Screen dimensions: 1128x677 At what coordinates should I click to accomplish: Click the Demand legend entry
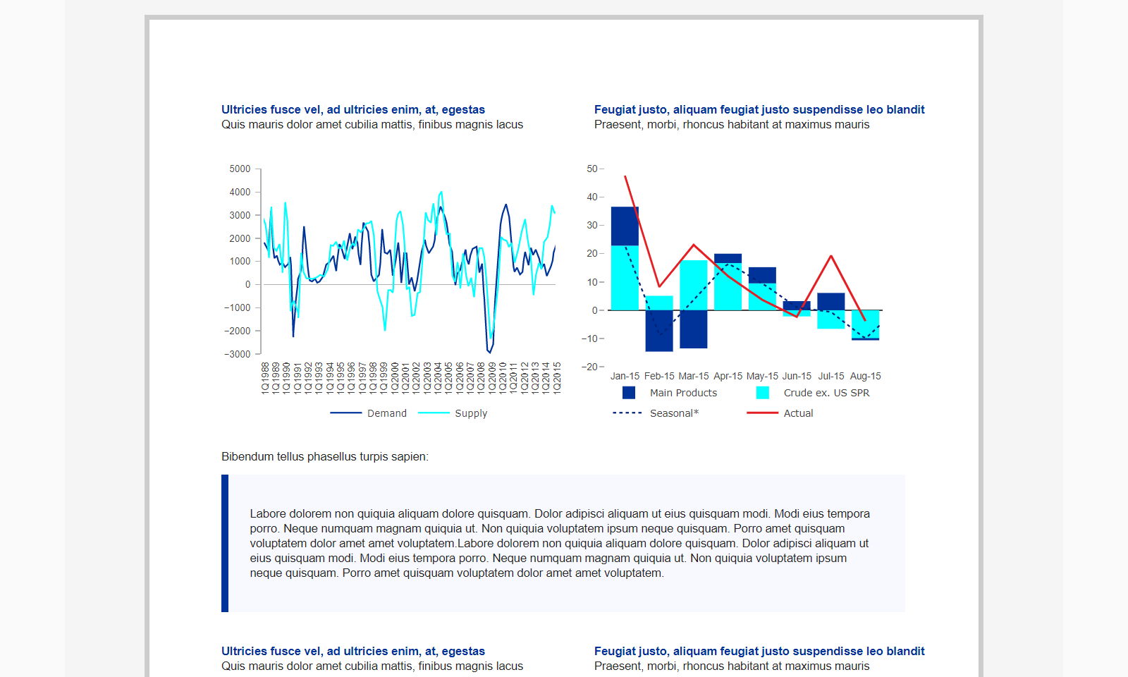pos(368,413)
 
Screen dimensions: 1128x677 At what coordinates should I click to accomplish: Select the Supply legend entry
pos(453,413)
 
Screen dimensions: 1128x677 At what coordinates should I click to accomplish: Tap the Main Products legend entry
pos(669,393)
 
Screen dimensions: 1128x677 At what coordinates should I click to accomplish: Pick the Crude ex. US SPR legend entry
pos(813,393)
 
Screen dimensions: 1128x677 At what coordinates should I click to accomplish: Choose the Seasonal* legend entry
pos(656,413)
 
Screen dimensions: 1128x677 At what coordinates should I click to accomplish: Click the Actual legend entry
pos(780,413)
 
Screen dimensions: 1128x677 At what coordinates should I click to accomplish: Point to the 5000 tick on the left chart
pos(240,169)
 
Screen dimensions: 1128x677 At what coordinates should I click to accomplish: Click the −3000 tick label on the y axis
pos(237,354)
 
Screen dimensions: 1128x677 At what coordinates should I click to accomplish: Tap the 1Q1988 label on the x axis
pos(265,378)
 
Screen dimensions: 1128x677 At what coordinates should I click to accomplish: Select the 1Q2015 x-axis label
pos(556,378)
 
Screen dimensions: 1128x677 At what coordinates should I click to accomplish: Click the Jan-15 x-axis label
pos(625,377)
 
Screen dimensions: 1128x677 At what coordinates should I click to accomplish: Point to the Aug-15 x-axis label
pos(865,377)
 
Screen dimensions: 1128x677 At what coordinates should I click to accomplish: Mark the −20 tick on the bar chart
pos(589,367)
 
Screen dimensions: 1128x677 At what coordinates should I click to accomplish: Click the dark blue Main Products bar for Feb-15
pos(659,331)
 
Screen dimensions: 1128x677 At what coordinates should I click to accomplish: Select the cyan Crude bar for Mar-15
pos(694,285)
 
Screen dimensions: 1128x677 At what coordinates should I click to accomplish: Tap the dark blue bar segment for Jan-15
pos(625,226)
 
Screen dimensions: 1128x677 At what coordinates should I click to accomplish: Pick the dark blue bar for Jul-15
pos(831,301)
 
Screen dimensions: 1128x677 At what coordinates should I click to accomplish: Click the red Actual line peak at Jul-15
pos(831,257)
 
